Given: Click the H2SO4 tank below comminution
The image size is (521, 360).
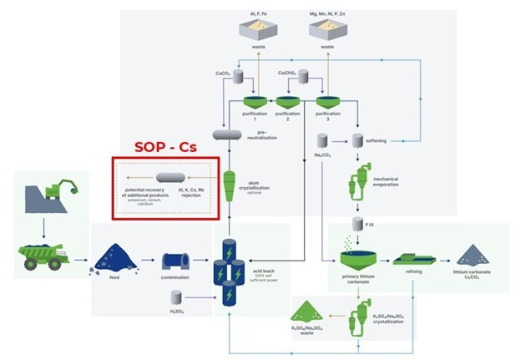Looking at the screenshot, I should pos(176,297).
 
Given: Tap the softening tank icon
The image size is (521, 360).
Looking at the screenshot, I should pos(361,139).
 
